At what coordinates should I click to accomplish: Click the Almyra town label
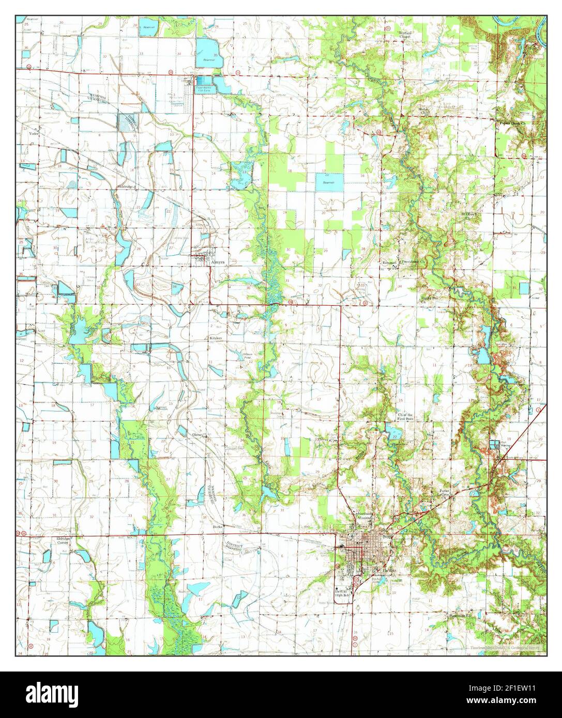[218, 262]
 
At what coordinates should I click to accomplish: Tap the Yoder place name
[35, 132]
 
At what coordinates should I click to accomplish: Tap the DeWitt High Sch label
[342, 593]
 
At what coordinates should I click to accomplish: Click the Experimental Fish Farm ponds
[204, 81]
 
